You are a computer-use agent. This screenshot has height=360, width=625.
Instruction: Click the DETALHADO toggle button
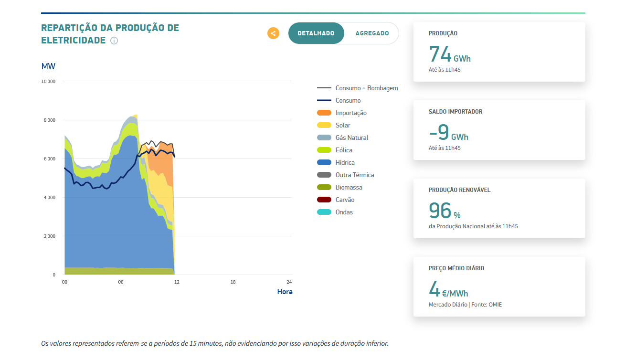coord(316,33)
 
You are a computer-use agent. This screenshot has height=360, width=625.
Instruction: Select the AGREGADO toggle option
coord(372,33)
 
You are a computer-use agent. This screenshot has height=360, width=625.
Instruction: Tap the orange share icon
coord(273,33)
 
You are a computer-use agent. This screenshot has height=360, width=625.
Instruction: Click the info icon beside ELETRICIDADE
coord(114,41)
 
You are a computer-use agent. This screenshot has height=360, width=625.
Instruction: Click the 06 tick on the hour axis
coord(121,282)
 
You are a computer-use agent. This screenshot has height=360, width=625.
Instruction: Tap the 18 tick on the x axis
coord(233,282)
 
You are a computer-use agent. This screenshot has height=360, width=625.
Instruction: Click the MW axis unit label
coord(49,66)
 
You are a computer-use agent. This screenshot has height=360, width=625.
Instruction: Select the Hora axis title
coord(285,292)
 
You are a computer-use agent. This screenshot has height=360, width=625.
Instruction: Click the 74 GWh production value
coord(449,54)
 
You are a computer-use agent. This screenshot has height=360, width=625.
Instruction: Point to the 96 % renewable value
coord(444,211)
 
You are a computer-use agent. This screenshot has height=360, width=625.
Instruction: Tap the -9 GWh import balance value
coord(448,133)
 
